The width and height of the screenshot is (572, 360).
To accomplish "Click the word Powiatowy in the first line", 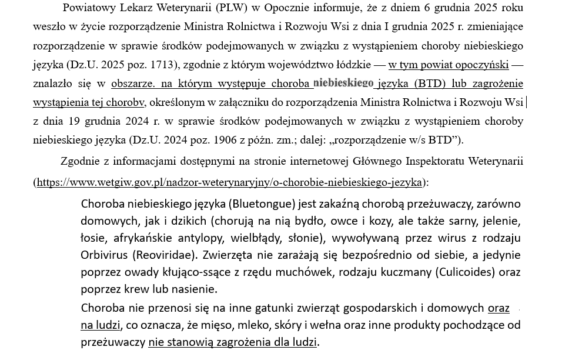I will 90,8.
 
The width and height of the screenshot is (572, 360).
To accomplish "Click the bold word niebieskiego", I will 343,83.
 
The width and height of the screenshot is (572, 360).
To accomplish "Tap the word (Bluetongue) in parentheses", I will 262,204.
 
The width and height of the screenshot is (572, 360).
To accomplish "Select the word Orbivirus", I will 104,255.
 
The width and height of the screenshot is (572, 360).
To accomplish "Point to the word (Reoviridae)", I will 164,255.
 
